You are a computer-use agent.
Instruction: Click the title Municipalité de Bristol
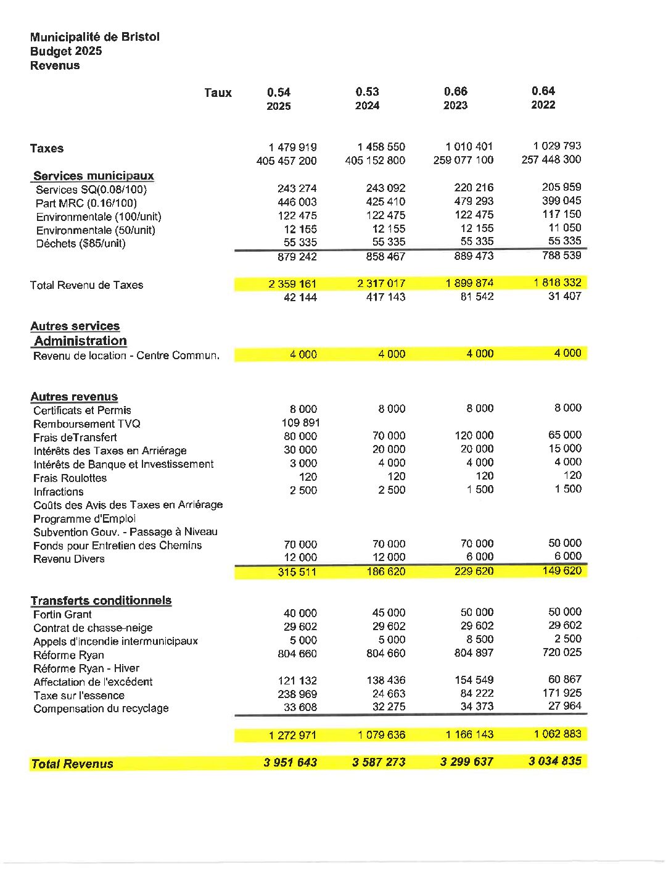click(94, 37)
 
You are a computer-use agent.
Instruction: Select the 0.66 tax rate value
click(456, 91)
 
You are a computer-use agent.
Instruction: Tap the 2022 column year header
click(543, 105)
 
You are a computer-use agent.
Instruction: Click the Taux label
click(218, 93)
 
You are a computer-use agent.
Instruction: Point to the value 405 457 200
click(286, 161)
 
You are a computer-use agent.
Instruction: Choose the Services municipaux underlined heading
click(93, 176)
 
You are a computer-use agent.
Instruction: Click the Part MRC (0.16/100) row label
click(86, 203)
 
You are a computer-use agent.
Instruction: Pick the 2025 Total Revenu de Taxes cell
click(292, 284)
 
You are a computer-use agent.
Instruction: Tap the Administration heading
click(80, 341)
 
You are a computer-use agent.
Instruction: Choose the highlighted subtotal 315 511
click(297, 572)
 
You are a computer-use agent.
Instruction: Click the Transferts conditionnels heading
click(101, 601)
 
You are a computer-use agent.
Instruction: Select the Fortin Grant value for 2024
click(389, 613)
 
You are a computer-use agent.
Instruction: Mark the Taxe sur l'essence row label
click(79, 696)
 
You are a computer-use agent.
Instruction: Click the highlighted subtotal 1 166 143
click(469, 734)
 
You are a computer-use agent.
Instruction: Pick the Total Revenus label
click(72, 764)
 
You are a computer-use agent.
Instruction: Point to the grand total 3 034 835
click(554, 761)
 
